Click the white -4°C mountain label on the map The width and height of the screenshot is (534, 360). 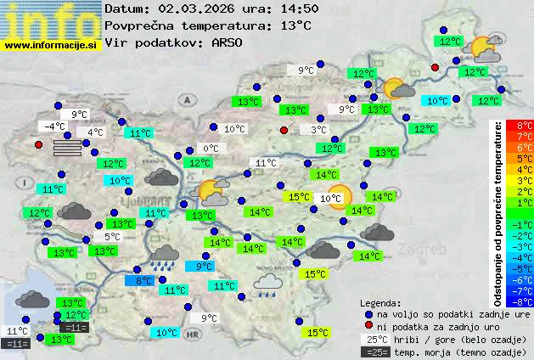(55, 127)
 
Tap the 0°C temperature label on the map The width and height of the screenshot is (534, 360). (211, 149)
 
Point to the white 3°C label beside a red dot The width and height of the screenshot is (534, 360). (318, 130)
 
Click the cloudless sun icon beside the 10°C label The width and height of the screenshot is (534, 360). (340, 196)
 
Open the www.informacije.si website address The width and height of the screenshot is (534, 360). (51, 44)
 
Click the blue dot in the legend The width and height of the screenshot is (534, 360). (368, 313)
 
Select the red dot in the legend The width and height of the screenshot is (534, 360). (368, 326)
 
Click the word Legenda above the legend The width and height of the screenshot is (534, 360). (381, 302)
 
